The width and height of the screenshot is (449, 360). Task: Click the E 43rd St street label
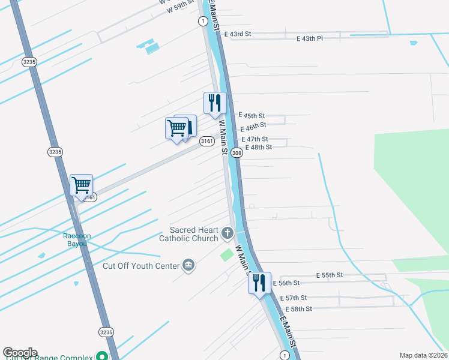[237, 34]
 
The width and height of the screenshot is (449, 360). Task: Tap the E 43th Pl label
[310, 38]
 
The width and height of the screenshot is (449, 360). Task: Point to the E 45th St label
[252, 115]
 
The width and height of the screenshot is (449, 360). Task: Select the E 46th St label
[253, 127]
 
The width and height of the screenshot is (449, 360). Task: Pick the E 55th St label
[330, 275]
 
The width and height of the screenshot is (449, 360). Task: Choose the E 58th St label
[298, 309]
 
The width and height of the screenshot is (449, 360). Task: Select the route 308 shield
[237, 154]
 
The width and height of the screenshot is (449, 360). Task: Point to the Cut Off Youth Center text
[141, 266]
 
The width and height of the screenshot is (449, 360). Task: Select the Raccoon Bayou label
[77, 239]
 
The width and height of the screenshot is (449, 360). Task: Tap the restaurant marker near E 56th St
[259, 283]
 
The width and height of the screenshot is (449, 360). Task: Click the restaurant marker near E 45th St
[214, 103]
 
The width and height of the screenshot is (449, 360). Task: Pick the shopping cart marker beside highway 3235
[81, 185]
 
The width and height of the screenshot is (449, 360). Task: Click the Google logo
[20, 353]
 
